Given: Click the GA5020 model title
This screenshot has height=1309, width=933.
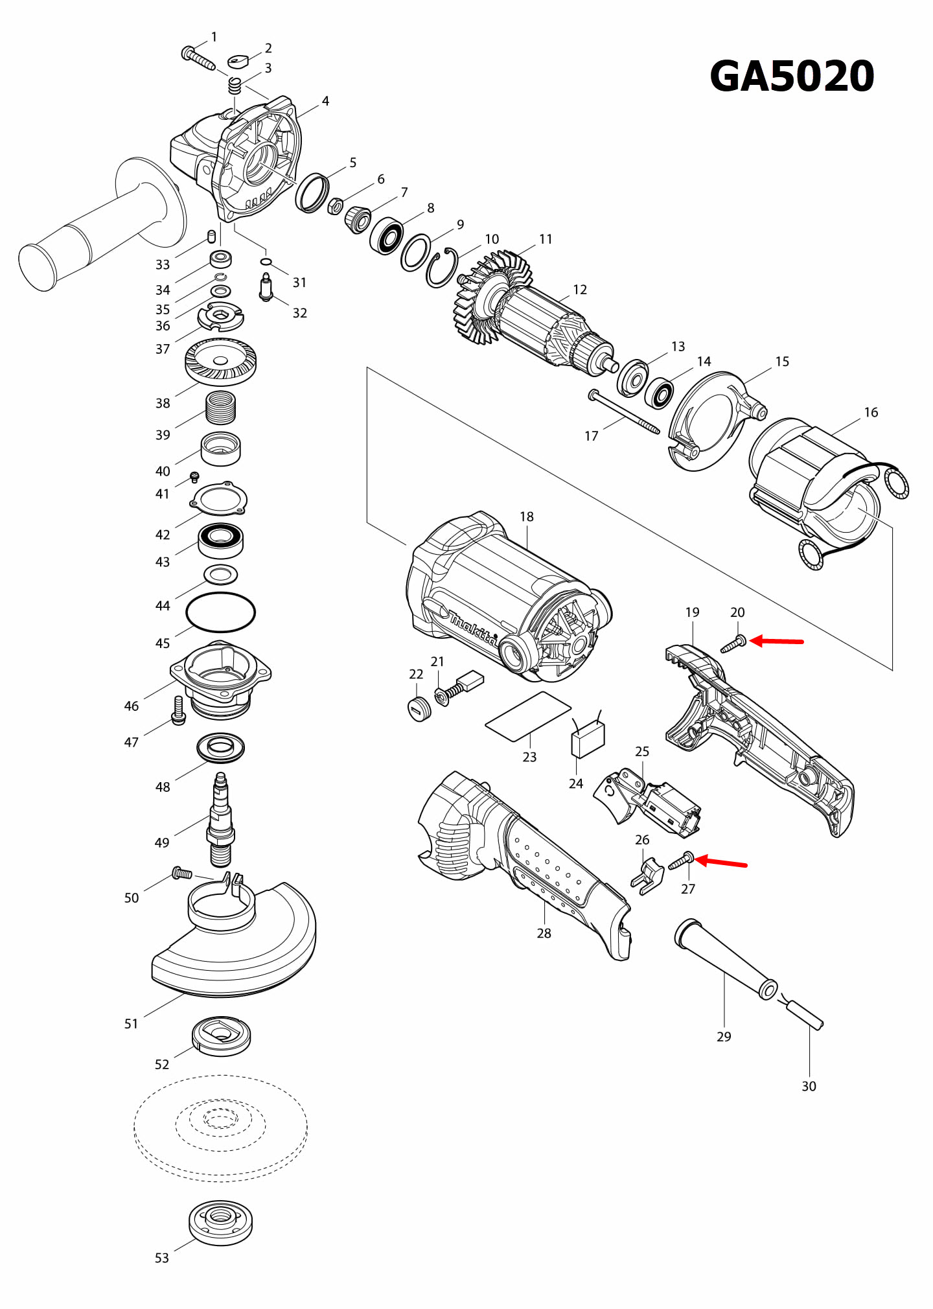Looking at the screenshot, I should (x=792, y=76).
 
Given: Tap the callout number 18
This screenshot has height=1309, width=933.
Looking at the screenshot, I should (x=526, y=516).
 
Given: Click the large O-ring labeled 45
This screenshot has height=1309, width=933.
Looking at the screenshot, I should (x=220, y=612).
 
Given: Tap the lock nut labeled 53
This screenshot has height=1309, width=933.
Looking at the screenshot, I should (x=220, y=1223).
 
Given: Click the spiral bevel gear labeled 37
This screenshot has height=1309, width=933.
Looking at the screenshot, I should (x=220, y=362).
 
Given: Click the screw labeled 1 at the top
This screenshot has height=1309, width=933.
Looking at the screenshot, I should (x=198, y=58).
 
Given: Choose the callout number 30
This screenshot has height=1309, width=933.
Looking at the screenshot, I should (x=809, y=1086).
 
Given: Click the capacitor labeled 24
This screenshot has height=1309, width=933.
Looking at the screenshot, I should (x=588, y=739).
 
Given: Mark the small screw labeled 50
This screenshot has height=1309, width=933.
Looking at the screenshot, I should (x=181, y=874).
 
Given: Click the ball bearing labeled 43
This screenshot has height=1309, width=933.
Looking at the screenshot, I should (x=220, y=540).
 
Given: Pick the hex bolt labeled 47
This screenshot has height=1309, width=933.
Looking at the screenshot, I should (x=179, y=711).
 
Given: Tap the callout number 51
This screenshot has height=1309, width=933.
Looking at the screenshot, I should (x=131, y=1024).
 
